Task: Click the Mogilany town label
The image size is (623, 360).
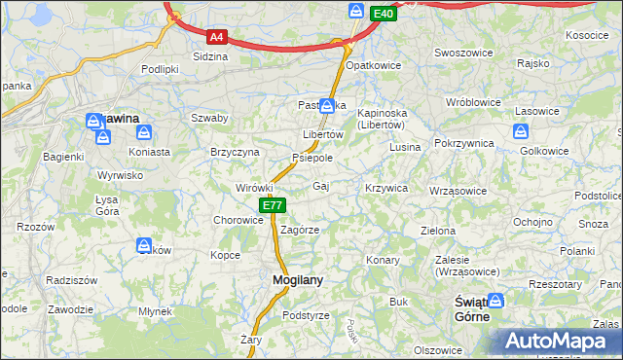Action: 290,280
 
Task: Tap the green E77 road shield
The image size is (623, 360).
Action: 273,205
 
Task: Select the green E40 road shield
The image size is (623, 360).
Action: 384,13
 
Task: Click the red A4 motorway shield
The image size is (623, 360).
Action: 217,38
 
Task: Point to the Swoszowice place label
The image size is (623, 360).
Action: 461,53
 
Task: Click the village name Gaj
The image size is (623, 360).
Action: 320,186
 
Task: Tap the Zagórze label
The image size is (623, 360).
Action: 300,231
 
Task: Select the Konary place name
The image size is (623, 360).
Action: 383,261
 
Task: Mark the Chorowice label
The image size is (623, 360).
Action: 238,220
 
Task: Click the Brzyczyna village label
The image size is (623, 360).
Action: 235,153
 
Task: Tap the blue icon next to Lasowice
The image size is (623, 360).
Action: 520,131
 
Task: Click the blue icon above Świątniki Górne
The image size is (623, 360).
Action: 496,302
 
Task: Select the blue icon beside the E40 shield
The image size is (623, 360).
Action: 356,12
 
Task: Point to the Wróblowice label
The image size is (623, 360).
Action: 471,102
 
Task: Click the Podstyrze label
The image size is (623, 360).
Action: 306,316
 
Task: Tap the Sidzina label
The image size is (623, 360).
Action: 210,56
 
